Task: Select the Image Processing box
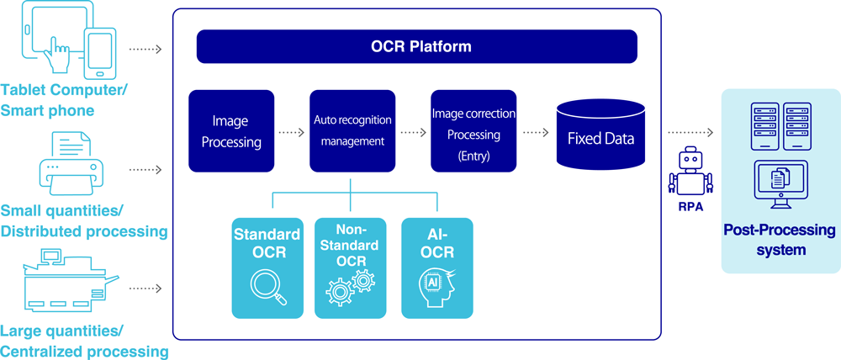point(230,132)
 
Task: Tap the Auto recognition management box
point(352,132)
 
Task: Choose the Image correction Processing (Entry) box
point(473,132)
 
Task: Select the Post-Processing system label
point(780,239)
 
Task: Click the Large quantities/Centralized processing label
point(84,340)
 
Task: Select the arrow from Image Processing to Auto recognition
point(290,132)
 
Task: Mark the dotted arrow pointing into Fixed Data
point(537,132)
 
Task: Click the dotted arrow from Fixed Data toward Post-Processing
point(690,132)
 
